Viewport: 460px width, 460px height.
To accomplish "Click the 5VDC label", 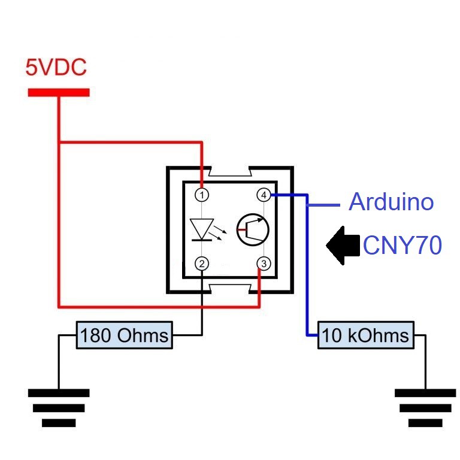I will click(56, 67).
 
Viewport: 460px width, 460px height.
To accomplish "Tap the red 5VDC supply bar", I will click(58, 92).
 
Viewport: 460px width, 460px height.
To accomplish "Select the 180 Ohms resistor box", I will click(124, 335).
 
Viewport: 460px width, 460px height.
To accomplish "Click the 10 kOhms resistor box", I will click(365, 335).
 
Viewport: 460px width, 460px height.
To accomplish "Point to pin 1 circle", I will click(203, 195).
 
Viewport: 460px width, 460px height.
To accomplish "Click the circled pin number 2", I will click(203, 264).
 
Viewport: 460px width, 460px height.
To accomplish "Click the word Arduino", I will click(391, 202).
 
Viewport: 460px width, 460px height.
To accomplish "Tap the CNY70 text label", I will click(402, 246).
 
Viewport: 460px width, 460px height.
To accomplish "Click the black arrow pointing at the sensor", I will click(342, 246).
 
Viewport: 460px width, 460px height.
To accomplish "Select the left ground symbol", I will click(59, 407).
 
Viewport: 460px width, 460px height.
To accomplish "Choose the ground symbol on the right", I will click(425, 407).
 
